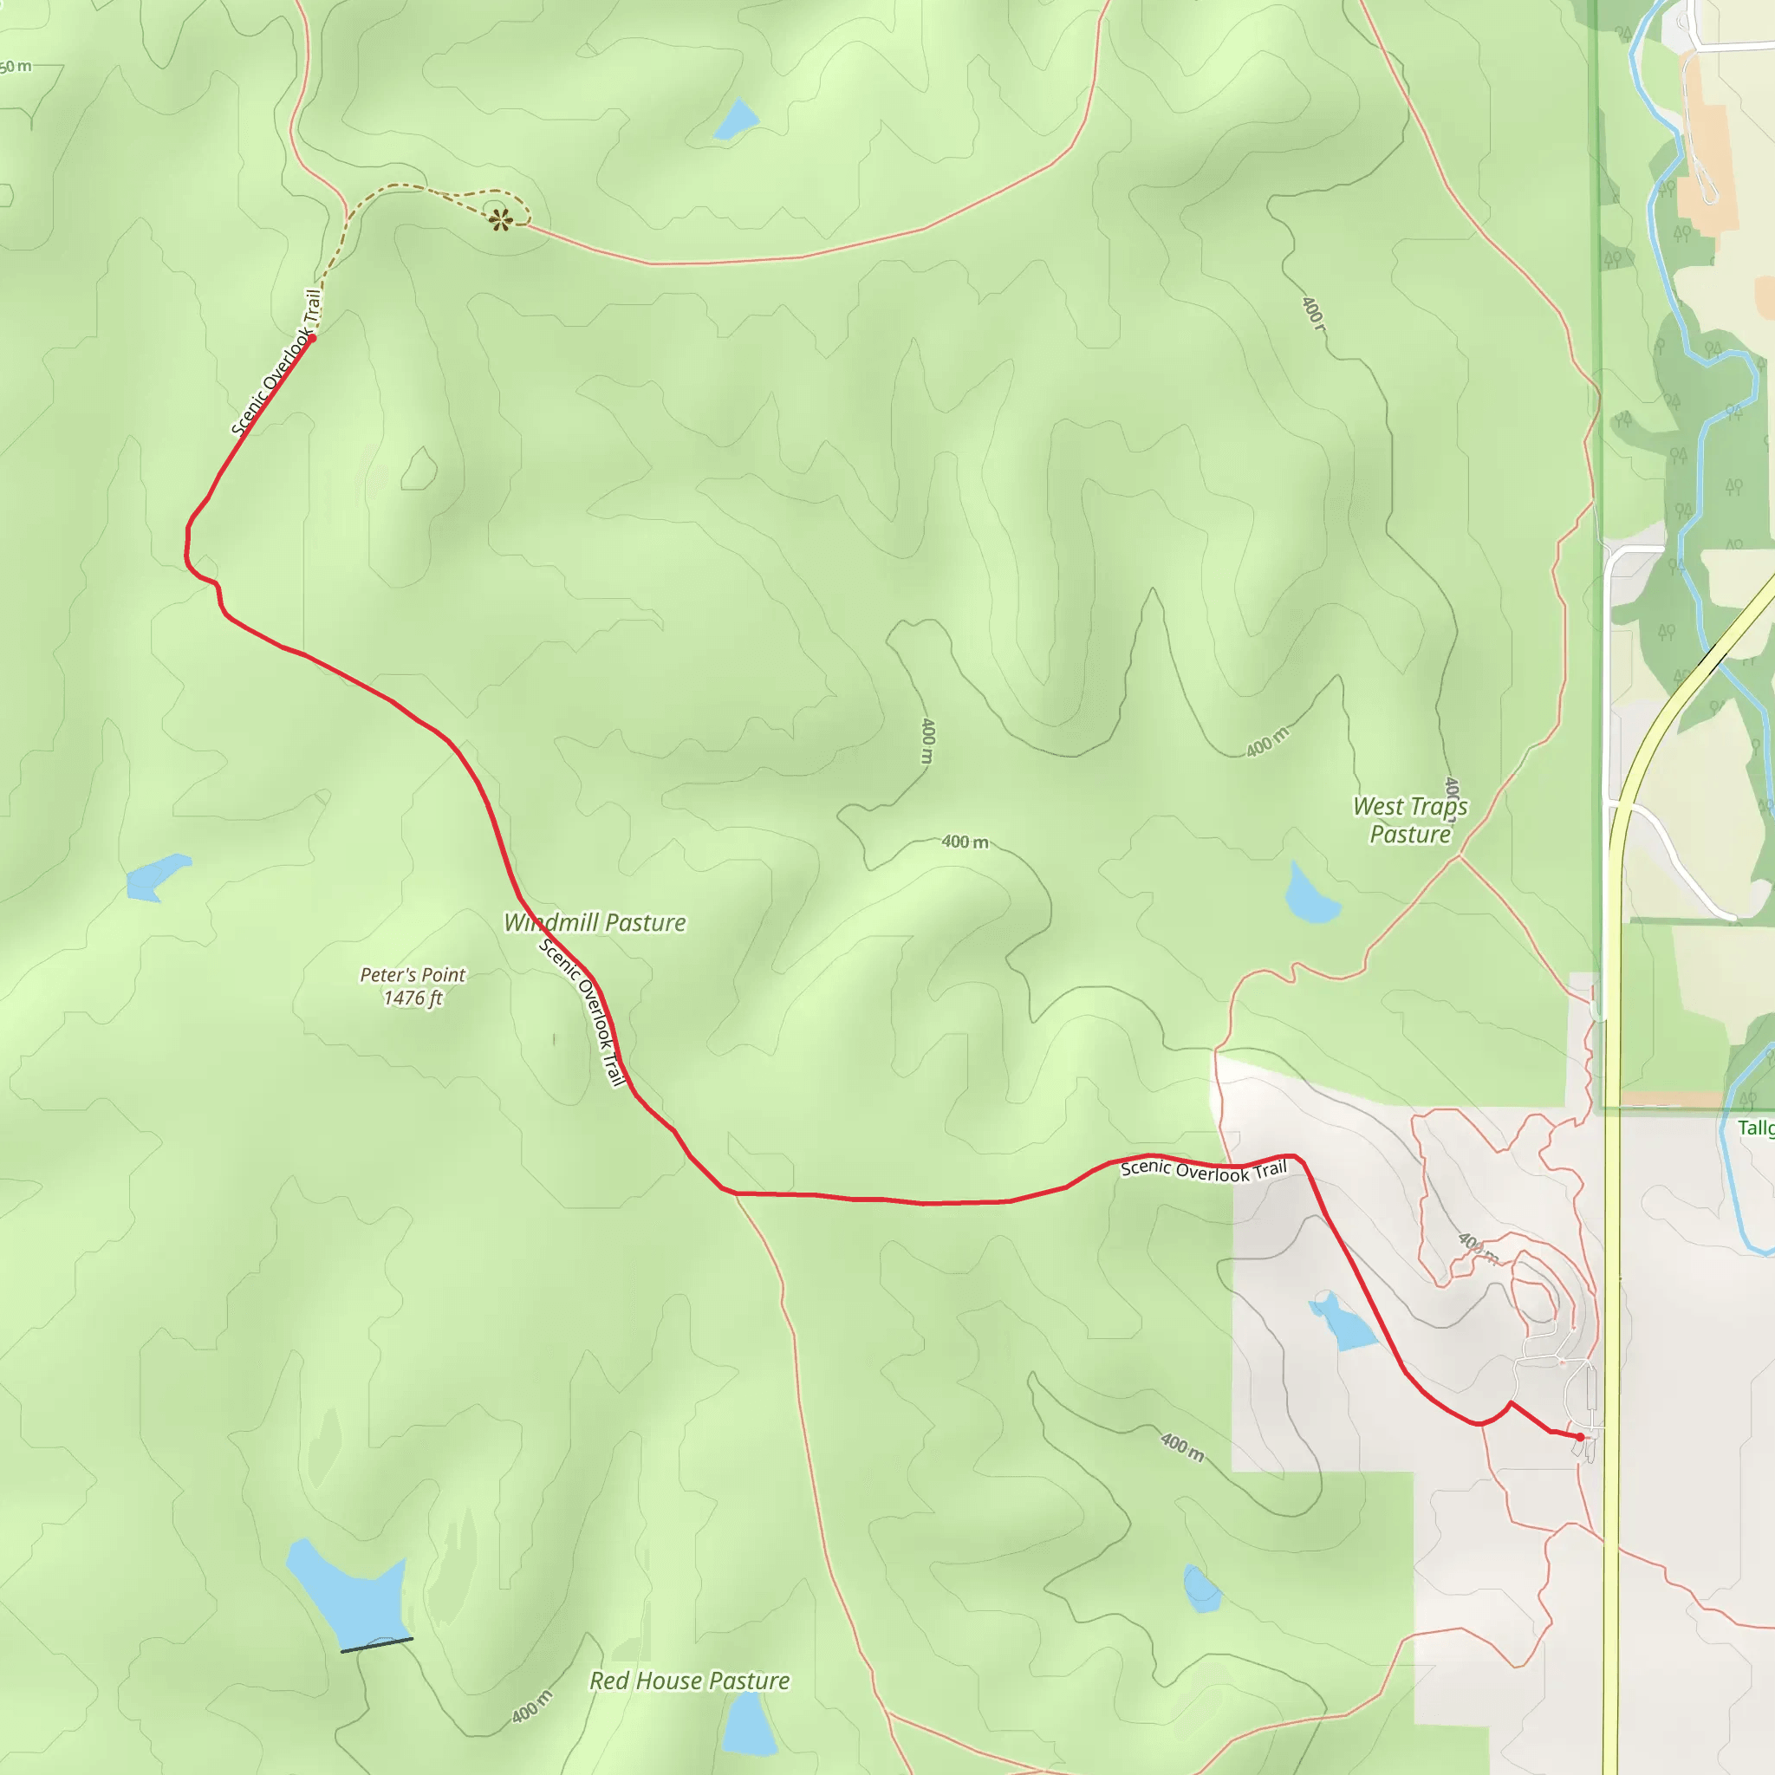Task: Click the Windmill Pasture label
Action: (x=595, y=922)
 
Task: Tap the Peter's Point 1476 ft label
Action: (x=413, y=985)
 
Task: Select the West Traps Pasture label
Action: (x=1410, y=820)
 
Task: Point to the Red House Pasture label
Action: (x=689, y=1681)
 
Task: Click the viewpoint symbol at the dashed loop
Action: (x=501, y=218)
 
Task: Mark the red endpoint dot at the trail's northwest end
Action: (x=312, y=338)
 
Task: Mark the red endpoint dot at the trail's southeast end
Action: (x=1580, y=1437)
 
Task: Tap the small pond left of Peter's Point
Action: (x=154, y=877)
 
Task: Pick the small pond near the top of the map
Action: (x=736, y=120)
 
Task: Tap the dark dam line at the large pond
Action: (x=377, y=1644)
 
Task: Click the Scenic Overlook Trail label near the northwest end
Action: (x=276, y=362)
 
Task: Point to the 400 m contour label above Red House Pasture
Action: (x=533, y=1706)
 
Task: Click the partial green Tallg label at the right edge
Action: (x=1756, y=1128)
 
